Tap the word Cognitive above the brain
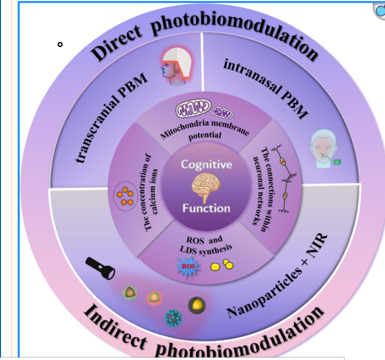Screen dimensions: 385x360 pyautogui.click(x=207, y=165)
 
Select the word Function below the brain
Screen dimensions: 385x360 pyautogui.click(x=206, y=208)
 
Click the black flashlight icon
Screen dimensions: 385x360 pyautogui.click(x=100, y=268)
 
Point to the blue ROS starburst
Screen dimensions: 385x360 pyautogui.click(x=188, y=266)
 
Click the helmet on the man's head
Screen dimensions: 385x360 pyautogui.click(x=177, y=62)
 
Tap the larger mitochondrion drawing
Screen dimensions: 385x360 pyautogui.click(x=193, y=108)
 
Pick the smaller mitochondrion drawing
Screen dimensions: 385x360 pyautogui.click(x=222, y=113)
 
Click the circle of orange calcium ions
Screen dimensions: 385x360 pyautogui.click(x=125, y=196)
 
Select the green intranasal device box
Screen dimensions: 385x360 pyautogui.click(x=337, y=162)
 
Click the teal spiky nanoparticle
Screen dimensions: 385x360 pyautogui.click(x=173, y=318)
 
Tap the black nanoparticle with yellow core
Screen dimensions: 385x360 pyautogui.click(x=197, y=305)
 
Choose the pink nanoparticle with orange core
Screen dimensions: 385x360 pyautogui.click(x=154, y=298)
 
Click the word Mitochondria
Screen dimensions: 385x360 pyautogui.click(x=184, y=129)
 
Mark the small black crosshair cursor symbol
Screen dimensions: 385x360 pyautogui.click(x=60, y=44)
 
